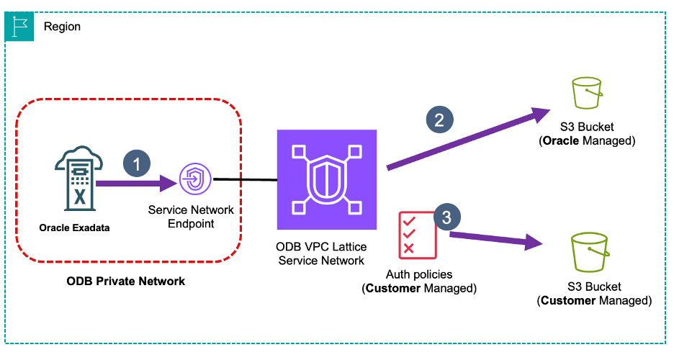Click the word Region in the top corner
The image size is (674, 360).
click(x=62, y=27)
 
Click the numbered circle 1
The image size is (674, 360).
click(x=137, y=163)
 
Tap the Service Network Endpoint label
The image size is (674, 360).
click(x=191, y=217)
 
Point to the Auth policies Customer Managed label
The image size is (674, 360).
click(x=420, y=282)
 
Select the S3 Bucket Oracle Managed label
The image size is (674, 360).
click(x=587, y=134)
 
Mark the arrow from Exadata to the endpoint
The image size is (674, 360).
click(x=137, y=184)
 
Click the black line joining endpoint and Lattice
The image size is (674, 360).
click(x=244, y=180)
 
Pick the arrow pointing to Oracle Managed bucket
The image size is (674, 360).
click(x=468, y=140)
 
